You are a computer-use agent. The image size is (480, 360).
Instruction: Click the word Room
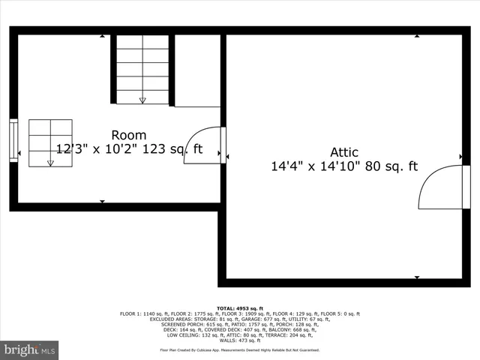129,135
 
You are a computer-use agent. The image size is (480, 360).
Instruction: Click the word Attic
344,152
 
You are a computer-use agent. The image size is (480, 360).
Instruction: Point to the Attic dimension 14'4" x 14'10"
315,166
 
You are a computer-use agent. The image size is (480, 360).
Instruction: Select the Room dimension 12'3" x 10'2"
102,149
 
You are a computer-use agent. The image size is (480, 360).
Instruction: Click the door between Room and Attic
204,145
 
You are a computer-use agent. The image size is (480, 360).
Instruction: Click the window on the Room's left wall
13,140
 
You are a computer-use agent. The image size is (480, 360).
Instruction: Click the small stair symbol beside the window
51,142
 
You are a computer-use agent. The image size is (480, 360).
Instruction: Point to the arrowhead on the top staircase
142,100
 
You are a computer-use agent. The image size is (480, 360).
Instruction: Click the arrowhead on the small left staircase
51,163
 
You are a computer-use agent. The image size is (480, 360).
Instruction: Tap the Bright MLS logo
29,350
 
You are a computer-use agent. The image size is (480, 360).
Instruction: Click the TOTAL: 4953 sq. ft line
239,308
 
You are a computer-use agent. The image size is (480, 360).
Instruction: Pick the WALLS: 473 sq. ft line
239,340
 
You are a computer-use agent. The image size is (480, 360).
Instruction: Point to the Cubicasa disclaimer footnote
239,349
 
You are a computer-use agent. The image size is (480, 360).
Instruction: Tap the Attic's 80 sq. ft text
391,166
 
